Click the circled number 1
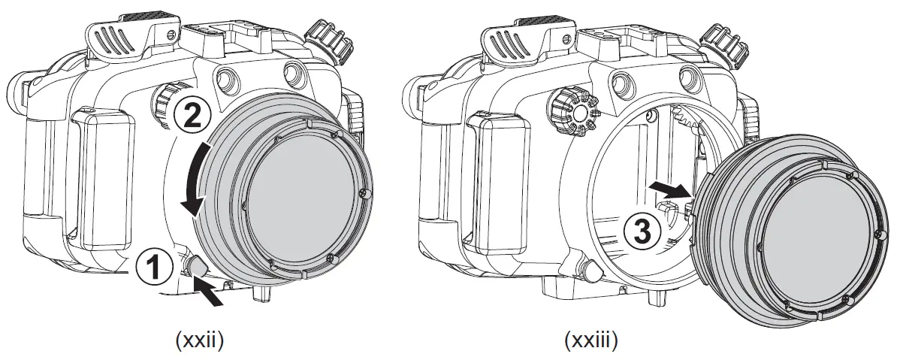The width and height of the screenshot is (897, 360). (x=153, y=267)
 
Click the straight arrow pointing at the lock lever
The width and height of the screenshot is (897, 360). (x=210, y=293)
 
